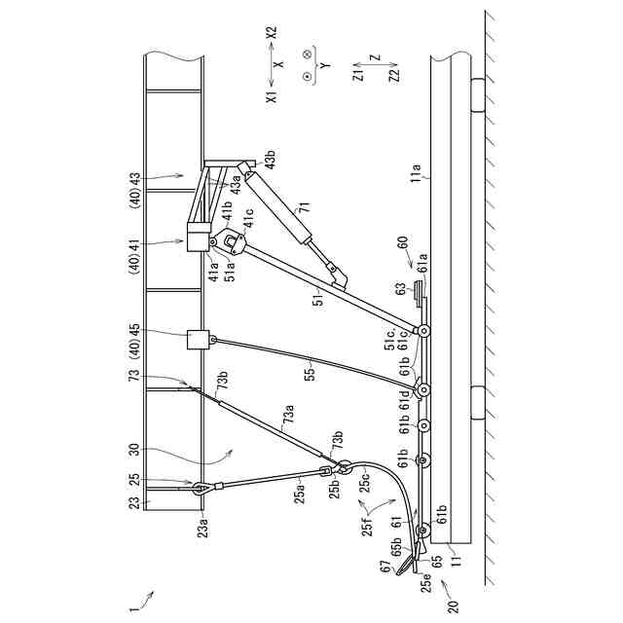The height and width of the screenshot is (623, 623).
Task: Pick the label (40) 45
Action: [135, 342]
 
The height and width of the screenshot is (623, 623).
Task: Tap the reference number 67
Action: [384, 570]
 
